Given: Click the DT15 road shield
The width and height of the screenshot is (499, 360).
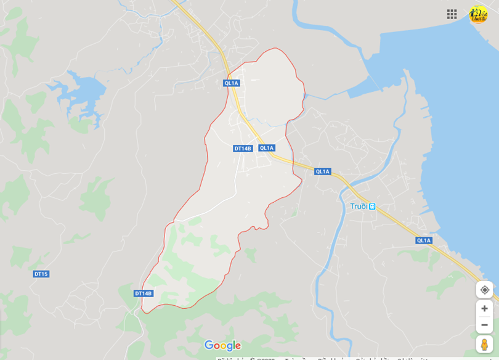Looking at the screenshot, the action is point(41,274).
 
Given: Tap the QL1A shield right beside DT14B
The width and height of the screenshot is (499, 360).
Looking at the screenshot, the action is point(267,148).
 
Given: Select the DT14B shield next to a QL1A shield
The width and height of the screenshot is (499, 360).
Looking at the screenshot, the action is point(243,149).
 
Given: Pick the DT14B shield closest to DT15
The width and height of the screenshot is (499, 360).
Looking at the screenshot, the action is point(144,293).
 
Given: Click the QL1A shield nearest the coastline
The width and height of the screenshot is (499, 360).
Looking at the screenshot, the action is point(424,240).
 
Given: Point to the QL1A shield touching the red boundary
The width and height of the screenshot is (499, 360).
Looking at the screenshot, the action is point(231,83).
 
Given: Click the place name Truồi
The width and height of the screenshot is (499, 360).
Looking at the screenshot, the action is point(359,207).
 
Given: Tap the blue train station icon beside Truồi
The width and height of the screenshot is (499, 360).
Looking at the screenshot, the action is point(372,207).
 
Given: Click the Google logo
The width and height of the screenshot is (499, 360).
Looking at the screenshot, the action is point(222,346).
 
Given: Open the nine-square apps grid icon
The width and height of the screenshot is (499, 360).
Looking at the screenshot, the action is point(452,14).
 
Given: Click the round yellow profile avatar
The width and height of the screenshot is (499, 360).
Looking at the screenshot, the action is point(478,14).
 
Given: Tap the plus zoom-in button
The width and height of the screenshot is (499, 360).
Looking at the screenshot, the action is point(484,308).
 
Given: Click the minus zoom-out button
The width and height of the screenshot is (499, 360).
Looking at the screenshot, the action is point(484,325).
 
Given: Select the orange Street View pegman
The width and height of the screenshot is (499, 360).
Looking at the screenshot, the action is point(484,344).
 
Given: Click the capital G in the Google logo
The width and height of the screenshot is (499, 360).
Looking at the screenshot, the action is point(209,346).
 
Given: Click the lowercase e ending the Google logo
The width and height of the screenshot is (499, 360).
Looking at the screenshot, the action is point(238,346).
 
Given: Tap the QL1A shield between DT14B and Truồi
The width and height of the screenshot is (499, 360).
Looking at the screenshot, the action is point(322,171).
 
